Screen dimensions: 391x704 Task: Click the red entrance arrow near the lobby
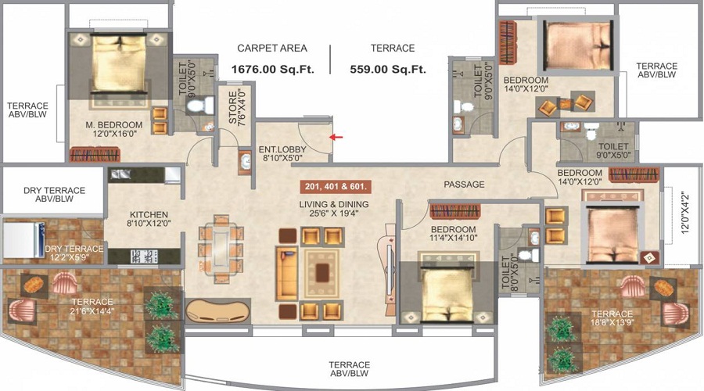coord(335,137)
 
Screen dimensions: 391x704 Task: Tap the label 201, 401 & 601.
coord(335,187)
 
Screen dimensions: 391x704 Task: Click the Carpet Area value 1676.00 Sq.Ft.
coord(272,69)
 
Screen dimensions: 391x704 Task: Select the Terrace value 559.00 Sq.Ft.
coord(388,69)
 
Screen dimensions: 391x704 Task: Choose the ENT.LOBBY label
coord(280,152)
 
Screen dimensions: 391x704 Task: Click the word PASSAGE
coord(465,185)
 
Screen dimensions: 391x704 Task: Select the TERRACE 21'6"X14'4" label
coord(93,307)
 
